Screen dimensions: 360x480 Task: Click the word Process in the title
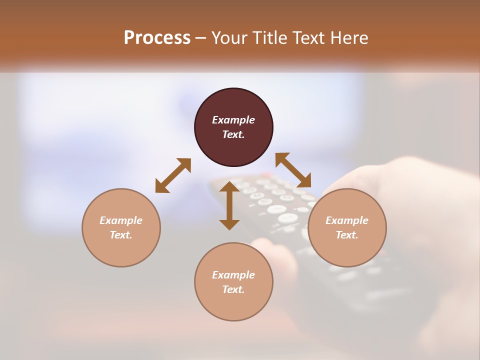point(157,38)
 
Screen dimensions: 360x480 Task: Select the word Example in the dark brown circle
point(233,120)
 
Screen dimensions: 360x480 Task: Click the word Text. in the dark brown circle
point(233,134)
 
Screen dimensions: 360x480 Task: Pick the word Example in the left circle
point(121,220)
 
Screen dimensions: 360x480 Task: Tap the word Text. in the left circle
point(121,235)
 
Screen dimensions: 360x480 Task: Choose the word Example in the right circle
point(347,220)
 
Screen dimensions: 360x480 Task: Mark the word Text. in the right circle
point(347,235)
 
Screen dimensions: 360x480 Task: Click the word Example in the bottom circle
point(233,275)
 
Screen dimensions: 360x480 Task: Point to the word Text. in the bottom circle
point(233,289)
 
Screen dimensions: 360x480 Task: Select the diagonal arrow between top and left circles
point(173,175)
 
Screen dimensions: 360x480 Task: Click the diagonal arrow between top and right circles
point(293,170)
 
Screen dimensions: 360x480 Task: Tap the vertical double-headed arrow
point(229,205)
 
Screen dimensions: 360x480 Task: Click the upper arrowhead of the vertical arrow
point(229,187)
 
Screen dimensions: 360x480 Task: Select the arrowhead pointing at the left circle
point(160,187)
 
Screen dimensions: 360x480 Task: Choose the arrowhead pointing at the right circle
point(305,182)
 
